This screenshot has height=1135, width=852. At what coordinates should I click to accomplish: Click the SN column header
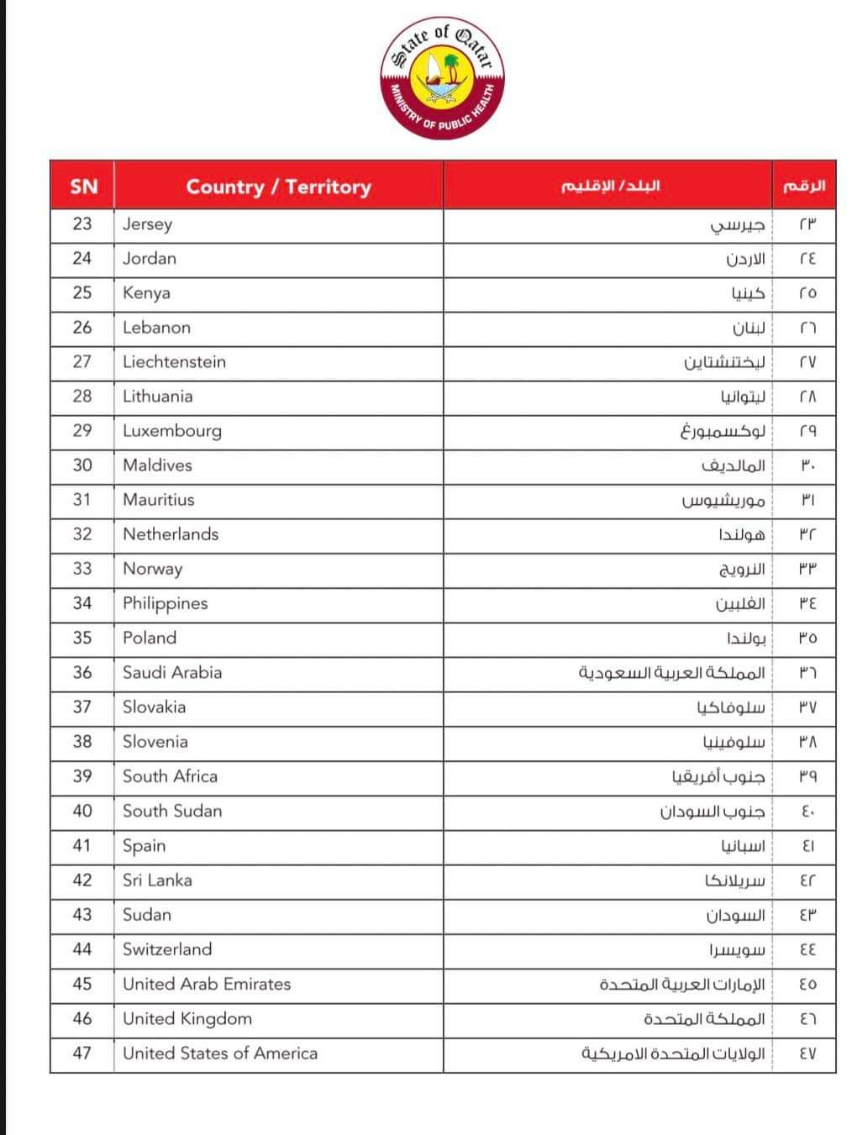pyautogui.click(x=83, y=187)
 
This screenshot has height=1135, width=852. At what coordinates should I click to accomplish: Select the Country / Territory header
pyautogui.click(x=278, y=187)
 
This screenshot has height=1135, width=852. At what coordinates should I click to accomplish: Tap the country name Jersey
pyautogui.click(x=147, y=224)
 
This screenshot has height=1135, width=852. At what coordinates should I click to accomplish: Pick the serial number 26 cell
pyautogui.click(x=82, y=328)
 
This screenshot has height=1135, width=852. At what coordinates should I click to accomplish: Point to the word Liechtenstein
pyautogui.click(x=174, y=362)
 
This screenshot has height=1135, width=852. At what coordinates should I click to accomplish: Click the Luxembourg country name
pyautogui.click(x=171, y=431)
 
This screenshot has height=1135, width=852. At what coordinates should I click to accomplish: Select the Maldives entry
pyautogui.click(x=157, y=465)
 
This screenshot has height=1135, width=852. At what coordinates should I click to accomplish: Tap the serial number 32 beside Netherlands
pyautogui.click(x=82, y=534)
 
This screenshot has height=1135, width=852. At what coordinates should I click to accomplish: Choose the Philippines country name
pyautogui.click(x=165, y=603)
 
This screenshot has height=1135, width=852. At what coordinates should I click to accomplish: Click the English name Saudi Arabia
pyautogui.click(x=172, y=672)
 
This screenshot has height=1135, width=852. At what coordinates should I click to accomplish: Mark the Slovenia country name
pyautogui.click(x=155, y=742)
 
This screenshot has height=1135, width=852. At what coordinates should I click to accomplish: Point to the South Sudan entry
pyautogui.click(x=172, y=811)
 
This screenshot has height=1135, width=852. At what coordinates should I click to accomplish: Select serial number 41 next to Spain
pyautogui.click(x=82, y=845)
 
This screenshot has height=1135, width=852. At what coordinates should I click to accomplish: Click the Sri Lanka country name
pyautogui.click(x=157, y=880)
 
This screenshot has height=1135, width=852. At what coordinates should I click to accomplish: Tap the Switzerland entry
pyautogui.click(x=167, y=949)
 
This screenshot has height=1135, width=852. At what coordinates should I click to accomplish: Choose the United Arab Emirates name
pyautogui.click(x=207, y=984)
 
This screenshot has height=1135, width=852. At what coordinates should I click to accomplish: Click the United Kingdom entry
pyautogui.click(x=187, y=1018)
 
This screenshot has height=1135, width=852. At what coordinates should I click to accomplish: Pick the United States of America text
pyautogui.click(x=220, y=1054)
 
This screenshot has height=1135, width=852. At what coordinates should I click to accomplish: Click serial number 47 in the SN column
pyautogui.click(x=82, y=1054)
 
